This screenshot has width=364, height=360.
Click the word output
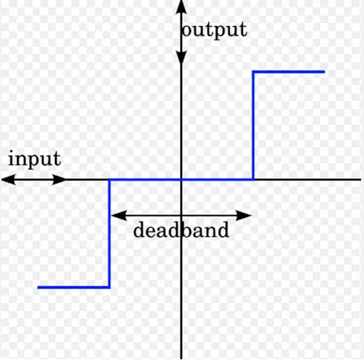coord(215,30)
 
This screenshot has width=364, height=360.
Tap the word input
coord(34,159)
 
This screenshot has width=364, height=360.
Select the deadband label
coord(181,230)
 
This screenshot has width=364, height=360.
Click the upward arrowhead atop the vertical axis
coord(181,7)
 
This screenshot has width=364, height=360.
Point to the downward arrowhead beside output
coord(181,58)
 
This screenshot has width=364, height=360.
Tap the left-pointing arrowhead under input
coord(8,180)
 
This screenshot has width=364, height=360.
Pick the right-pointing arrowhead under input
coord(59,180)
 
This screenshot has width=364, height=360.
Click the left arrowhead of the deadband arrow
coord(119,215)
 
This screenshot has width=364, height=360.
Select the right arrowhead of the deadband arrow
coord(244,215)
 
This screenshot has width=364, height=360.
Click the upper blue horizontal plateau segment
coord(289,72)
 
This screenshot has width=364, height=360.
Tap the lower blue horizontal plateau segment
coord(74,287)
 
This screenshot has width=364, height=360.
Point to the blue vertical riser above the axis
coord(253,125)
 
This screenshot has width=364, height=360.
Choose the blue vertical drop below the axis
coord(109,233)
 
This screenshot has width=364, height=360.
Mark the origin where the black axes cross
coord(181,180)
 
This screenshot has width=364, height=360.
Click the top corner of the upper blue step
coord(253,72)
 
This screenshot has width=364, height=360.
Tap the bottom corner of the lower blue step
coord(109,287)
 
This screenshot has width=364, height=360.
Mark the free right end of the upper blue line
coord(325,72)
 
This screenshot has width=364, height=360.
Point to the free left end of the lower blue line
coord(38,287)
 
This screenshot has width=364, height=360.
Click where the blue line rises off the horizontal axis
coord(253,180)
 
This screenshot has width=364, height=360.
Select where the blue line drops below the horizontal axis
coord(109,180)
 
